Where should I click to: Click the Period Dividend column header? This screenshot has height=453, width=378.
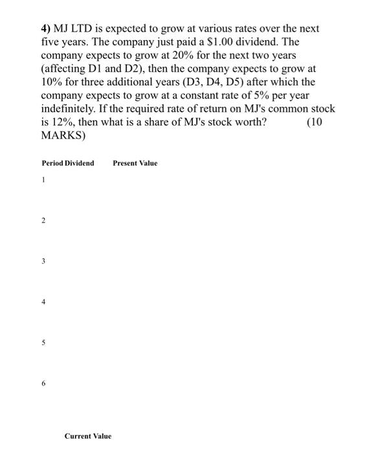tap(67, 163)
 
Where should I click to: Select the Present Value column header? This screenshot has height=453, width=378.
tap(135, 163)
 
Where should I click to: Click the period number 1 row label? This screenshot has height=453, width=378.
tap(43, 181)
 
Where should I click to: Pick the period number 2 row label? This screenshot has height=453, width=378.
tap(43, 221)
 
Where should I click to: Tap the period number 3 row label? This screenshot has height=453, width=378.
tap(43, 261)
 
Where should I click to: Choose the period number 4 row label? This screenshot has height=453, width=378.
tap(43, 302)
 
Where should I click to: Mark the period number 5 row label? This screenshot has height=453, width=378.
tap(43, 343)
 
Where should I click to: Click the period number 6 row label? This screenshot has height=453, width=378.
tap(43, 384)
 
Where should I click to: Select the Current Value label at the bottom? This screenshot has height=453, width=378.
tap(88, 436)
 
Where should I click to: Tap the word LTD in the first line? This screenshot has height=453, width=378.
tap(85, 30)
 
